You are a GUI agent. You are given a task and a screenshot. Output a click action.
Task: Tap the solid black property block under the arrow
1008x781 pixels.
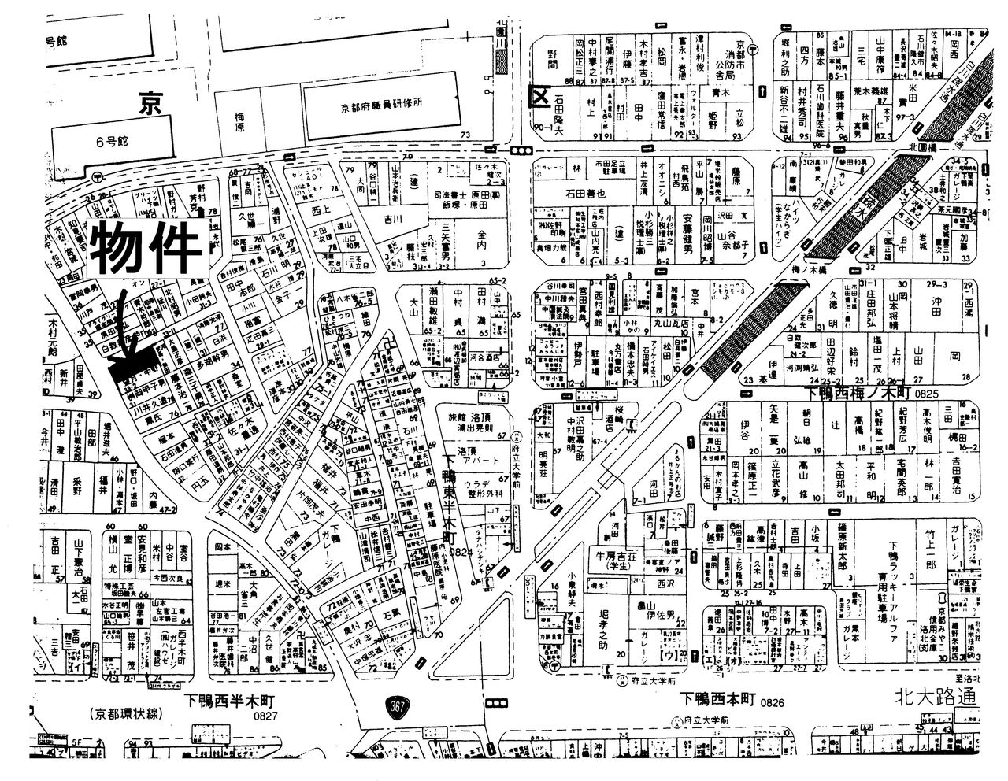(x=126, y=377)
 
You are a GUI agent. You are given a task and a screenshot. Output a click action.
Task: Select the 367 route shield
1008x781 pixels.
(x=398, y=706)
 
